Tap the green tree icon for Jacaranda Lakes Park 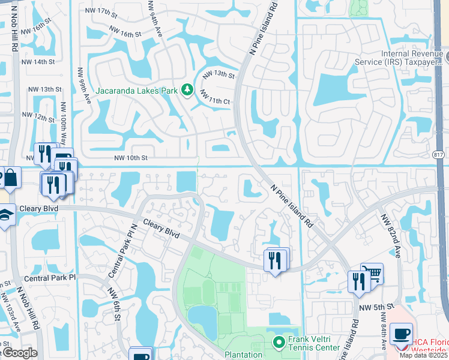pyautogui.click(x=187, y=90)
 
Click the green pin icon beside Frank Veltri pyautogui.click(x=279, y=343)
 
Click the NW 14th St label pyautogui.click(x=40, y=62)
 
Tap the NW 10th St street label pyautogui.click(x=131, y=158)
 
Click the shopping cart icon pyautogui.click(x=372, y=274)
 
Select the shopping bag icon pyautogui.click(x=10, y=177)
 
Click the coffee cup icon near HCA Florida pyautogui.click(x=400, y=334)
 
